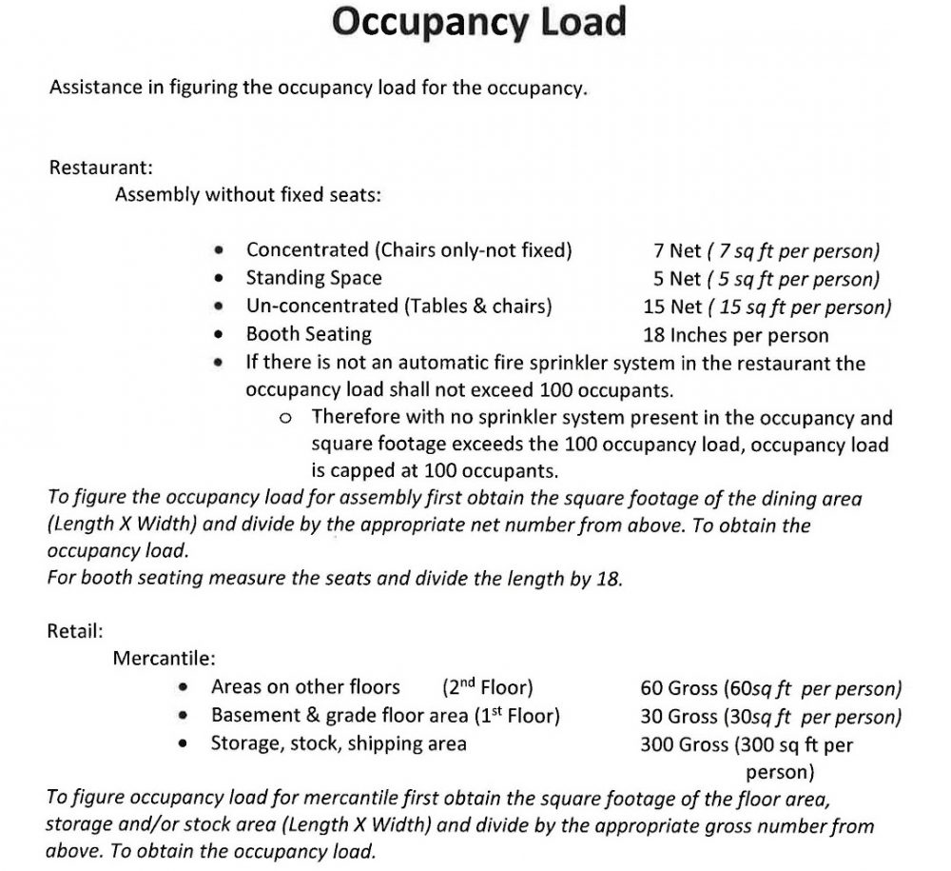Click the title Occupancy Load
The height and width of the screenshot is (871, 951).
pos(478,21)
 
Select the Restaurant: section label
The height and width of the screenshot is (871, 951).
pos(100,168)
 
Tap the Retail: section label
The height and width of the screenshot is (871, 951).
pos(75,629)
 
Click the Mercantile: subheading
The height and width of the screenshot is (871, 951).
pos(165,658)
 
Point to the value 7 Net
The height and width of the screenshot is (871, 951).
pos(676,250)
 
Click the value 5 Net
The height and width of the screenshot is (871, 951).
pos(676,279)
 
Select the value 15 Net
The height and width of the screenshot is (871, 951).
pos(671,307)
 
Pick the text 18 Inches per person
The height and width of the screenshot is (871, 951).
pos(735,335)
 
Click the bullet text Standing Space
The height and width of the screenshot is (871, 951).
pos(314,278)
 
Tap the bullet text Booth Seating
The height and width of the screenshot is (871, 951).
pos(309,334)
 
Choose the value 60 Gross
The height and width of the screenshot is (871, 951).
pos(679,687)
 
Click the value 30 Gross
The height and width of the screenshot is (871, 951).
pos(679,716)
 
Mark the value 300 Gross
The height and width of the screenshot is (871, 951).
pos(684,744)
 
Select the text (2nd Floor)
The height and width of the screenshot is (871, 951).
pos(488,686)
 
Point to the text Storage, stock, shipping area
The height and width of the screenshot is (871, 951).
pos(339,743)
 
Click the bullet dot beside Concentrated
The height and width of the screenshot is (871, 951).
pos(220,251)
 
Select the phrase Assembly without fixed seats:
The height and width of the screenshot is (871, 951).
pos(247,195)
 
